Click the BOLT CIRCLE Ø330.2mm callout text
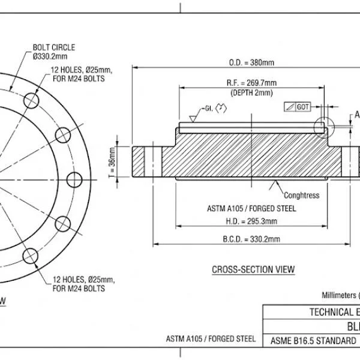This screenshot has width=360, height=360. [x=53, y=52]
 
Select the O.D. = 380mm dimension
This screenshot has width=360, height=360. [x=251, y=62]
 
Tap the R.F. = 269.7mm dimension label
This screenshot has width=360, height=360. [x=251, y=82]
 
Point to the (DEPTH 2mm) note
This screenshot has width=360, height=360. [x=251, y=92]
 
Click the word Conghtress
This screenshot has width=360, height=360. [x=301, y=195]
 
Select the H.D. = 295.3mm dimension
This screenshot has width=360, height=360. [x=251, y=221]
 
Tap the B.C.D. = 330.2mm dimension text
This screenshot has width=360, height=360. [x=251, y=239]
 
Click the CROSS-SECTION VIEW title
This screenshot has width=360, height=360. [x=253, y=269]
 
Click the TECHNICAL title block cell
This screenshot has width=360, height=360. [x=331, y=312]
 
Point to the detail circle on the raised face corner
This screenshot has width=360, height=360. [x=325, y=125]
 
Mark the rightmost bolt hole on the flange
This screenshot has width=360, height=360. [x=74, y=179]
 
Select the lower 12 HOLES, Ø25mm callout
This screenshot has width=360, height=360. [x=83, y=284]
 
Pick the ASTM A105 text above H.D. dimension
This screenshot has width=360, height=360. [x=251, y=209]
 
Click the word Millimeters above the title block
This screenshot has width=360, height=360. [x=339, y=295]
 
